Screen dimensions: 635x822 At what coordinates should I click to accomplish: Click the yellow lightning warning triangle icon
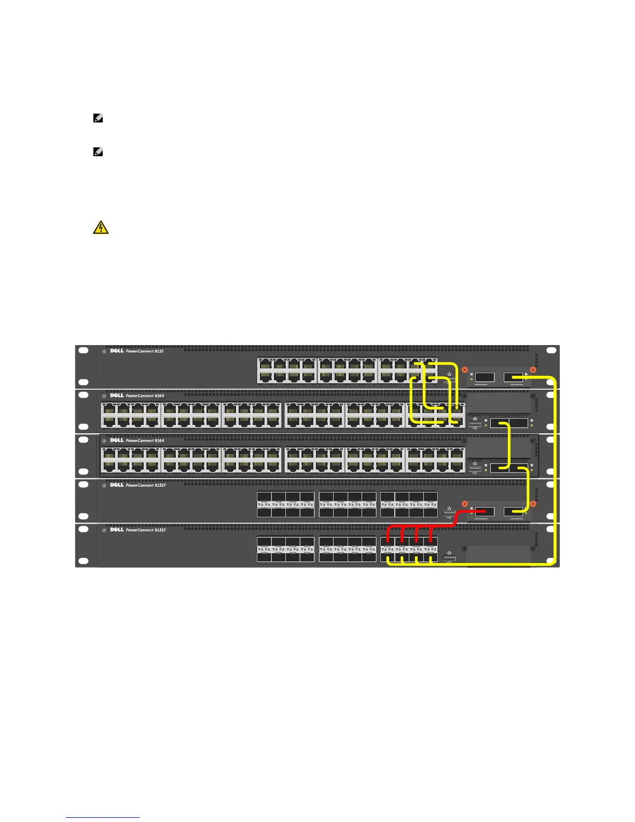tap(101, 227)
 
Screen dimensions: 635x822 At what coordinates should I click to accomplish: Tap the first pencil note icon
tap(97, 118)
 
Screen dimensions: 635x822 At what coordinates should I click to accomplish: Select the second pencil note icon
tap(97, 153)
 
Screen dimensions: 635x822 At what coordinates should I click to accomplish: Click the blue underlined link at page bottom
tap(103, 817)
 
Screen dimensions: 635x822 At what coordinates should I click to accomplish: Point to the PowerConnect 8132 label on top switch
tap(145, 351)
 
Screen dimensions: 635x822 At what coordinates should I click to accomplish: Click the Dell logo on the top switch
tap(117, 351)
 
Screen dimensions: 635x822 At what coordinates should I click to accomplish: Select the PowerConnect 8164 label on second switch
tap(145, 396)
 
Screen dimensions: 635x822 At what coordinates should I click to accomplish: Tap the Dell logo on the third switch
tap(117, 441)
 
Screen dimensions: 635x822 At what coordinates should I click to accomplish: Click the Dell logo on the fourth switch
tap(117, 485)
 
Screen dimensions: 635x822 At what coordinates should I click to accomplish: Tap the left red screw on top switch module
tap(465, 369)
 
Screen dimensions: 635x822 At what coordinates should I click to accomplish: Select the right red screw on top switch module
tap(532, 369)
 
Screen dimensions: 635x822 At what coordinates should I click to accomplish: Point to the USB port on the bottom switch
tap(449, 559)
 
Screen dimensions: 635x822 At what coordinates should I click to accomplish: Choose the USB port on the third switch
tap(474, 470)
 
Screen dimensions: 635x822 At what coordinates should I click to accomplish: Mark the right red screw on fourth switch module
tap(532, 504)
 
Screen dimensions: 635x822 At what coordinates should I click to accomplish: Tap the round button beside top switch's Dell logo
tap(104, 351)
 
